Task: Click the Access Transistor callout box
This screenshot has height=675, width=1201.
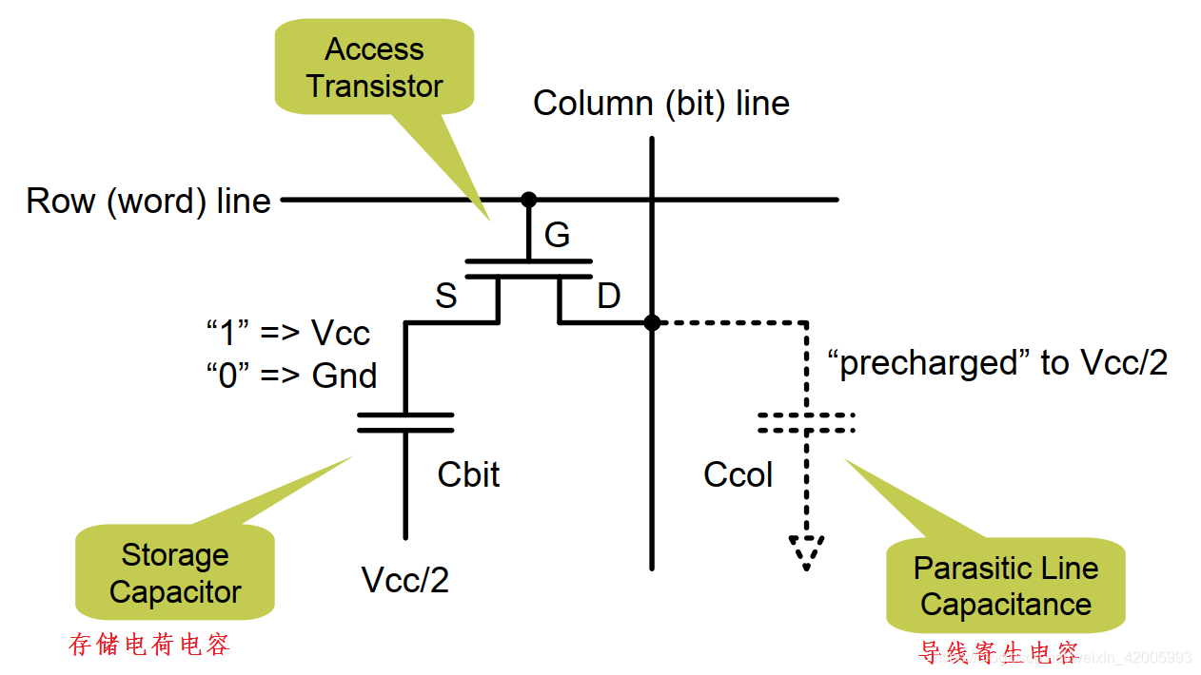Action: [x=374, y=67]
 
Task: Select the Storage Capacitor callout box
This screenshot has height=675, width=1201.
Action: [x=175, y=573]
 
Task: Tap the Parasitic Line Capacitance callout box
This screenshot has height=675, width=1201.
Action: [x=1006, y=587]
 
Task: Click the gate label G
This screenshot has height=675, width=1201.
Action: [x=557, y=234]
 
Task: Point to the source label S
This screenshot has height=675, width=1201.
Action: [x=445, y=296]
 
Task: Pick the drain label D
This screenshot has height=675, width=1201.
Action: [x=608, y=296]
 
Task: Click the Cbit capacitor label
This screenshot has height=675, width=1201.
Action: [x=468, y=474]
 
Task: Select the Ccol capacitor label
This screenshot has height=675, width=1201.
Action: [x=738, y=474]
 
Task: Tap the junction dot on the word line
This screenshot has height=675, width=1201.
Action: [x=528, y=200]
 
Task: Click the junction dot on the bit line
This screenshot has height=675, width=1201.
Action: [x=652, y=323]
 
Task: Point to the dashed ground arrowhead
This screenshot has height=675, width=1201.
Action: [x=806, y=551]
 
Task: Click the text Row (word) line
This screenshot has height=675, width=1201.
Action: [x=148, y=202]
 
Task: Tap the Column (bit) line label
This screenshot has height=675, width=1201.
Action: [x=661, y=103]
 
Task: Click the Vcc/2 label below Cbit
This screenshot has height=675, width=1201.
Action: [x=405, y=579]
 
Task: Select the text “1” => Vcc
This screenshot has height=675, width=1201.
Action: [x=288, y=333]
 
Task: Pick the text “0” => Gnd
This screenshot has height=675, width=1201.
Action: [x=291, y=376]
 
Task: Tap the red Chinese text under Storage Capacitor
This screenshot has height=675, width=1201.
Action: [x=149, y=646]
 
